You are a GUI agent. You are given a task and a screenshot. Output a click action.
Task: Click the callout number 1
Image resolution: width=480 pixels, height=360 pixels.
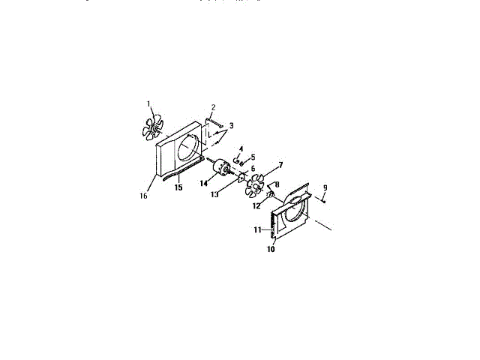pos(148,103)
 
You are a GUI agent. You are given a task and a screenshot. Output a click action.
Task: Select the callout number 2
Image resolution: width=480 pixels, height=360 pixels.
pos(213,108)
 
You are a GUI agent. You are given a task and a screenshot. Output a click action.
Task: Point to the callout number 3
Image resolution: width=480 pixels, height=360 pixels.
pos(232,125)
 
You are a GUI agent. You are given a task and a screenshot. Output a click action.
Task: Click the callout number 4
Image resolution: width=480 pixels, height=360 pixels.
pos(241,149)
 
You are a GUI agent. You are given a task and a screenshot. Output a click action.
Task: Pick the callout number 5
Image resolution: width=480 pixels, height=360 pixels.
pos(253,157)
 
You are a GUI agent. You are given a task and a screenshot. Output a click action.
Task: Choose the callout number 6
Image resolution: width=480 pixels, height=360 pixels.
pos(253,169)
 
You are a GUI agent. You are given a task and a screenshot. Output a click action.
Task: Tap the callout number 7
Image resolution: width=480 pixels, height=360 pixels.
pos(280,164)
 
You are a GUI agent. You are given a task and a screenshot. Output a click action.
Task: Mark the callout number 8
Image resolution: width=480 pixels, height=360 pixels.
pos(277,184)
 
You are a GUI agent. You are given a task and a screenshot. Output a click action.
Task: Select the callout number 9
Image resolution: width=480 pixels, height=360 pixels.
pos(325,187)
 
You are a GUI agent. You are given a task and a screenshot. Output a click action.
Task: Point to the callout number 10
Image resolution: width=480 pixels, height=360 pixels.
pos(271,249)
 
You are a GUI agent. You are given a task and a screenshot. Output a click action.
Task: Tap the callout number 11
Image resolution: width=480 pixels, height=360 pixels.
pos(256,229)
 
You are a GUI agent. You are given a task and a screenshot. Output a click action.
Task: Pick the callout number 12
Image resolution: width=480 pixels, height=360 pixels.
pos(256,205)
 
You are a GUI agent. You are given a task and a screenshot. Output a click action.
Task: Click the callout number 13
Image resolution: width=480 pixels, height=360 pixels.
pos(214,194)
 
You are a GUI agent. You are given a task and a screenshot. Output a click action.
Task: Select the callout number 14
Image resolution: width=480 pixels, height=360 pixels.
pos(203,183)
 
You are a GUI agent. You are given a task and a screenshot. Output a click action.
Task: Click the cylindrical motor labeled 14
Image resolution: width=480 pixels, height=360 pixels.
pos(222,169)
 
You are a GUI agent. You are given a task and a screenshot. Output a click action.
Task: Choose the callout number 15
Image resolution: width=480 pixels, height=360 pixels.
pos(178,187)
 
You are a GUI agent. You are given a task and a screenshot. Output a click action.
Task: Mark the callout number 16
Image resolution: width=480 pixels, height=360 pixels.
pos(143,196)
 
